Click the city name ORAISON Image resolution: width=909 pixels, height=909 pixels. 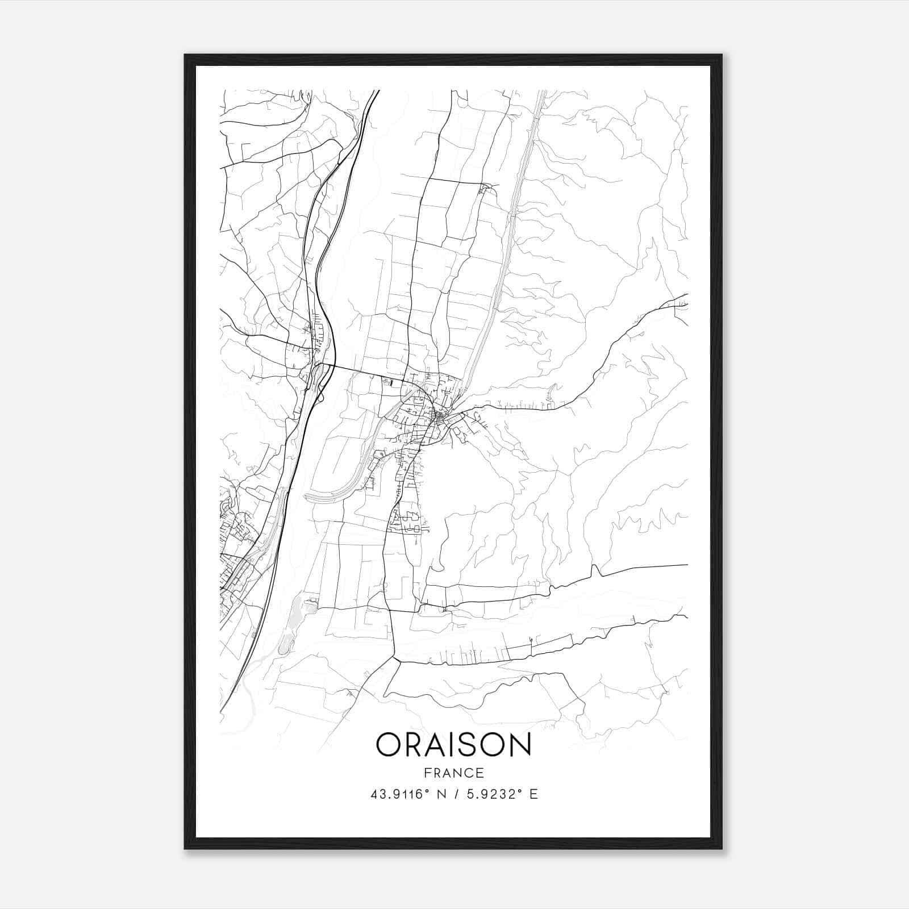[x=453, y=745]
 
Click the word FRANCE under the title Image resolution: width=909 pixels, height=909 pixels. [x=453, y=773]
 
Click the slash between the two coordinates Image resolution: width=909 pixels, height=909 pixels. [x=454, y=794]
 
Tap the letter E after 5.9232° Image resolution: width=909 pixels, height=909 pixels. [x=533, y=794]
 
